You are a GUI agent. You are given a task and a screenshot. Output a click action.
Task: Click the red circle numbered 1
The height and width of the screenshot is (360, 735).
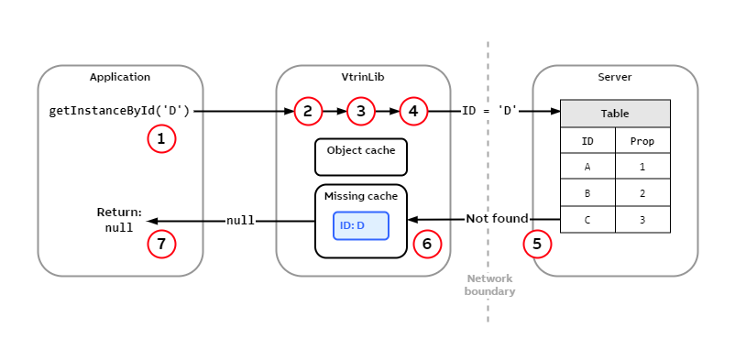click(161, 139)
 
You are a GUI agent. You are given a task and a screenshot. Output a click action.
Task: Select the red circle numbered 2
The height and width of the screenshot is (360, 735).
click(308, 112)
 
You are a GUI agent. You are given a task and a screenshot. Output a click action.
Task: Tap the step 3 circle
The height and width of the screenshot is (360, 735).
click(361, 112)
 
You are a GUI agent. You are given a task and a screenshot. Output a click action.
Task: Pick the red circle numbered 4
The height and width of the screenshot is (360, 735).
click(413, 112)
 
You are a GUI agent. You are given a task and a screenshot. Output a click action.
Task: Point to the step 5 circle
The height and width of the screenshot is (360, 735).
click(537, 245)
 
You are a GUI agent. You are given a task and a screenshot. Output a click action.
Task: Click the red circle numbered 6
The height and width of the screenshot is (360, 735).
click(427, 245)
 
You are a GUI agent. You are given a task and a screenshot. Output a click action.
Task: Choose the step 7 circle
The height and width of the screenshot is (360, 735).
click(161, 245)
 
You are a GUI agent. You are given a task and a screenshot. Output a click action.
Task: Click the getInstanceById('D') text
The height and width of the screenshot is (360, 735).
click(119, 112)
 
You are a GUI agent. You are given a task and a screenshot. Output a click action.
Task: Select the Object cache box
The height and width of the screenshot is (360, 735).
click(361, 157)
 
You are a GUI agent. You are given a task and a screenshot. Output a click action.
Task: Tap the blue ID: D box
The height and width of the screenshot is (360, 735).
click(361, 225)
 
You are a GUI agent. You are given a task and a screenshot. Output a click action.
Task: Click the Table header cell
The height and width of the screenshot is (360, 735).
click(615, 114)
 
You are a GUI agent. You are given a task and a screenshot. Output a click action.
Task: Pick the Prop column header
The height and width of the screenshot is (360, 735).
click(642, 141)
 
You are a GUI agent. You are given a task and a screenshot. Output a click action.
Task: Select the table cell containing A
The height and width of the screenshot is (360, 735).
click(587, 168)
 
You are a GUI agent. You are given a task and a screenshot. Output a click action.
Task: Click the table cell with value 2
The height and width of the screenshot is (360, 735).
click(642, 194)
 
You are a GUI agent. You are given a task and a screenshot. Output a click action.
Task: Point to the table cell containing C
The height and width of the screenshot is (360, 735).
click(587, 220)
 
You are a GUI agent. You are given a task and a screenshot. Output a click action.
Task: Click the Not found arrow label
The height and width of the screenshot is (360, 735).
click(497, 219)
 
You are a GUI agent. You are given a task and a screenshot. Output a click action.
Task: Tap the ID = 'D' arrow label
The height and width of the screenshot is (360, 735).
click(489, 111)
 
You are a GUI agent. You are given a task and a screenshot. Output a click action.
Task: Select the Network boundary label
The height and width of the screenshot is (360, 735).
click(489, 285)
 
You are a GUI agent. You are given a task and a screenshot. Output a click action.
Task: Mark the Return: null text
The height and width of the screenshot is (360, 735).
click(119, 220)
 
